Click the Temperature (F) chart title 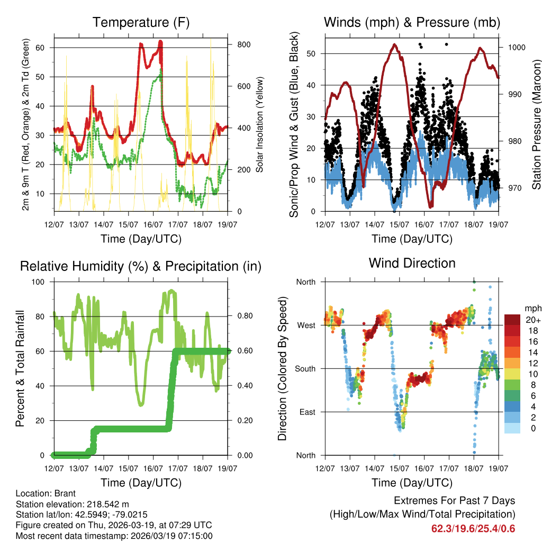tap(141, 22)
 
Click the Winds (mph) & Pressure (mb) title tap(412, 22)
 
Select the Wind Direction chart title tap(412, 263)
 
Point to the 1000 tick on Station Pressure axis tap(516, 47)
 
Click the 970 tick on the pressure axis tap(514, 188)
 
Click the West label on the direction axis tap(305, 325)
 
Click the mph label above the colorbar tap(531, 309)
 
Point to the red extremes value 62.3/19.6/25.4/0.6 tap(473, 528)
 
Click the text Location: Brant tap(46, 493)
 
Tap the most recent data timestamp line tap(114, 536)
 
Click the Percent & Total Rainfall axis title tap(20, 368)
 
